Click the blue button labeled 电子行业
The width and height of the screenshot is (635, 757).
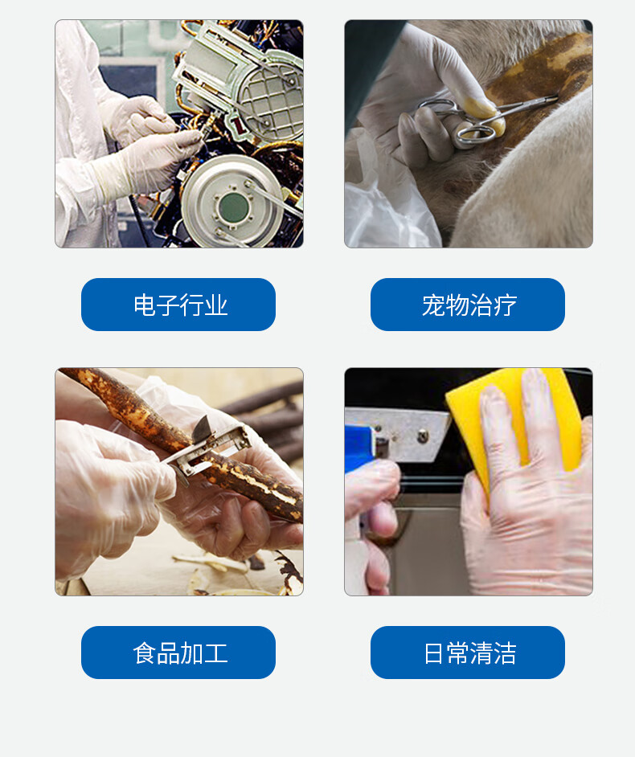click(178, 305)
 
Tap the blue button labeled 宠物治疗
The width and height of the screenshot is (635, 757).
click(468, 305)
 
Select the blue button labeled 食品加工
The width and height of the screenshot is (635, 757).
click(178, 653)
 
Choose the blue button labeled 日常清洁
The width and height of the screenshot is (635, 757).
click(468, 653)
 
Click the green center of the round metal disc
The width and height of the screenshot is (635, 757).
click(233, 207)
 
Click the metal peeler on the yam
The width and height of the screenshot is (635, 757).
click(207, 449)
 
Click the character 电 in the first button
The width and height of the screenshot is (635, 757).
click(144, 305)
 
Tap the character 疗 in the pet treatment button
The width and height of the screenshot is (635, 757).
click(505, 305)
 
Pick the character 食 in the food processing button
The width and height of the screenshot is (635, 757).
click(144, 653)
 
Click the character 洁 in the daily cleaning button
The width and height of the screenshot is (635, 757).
click(505, 653)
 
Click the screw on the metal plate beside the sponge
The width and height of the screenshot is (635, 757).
click(423, 436)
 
